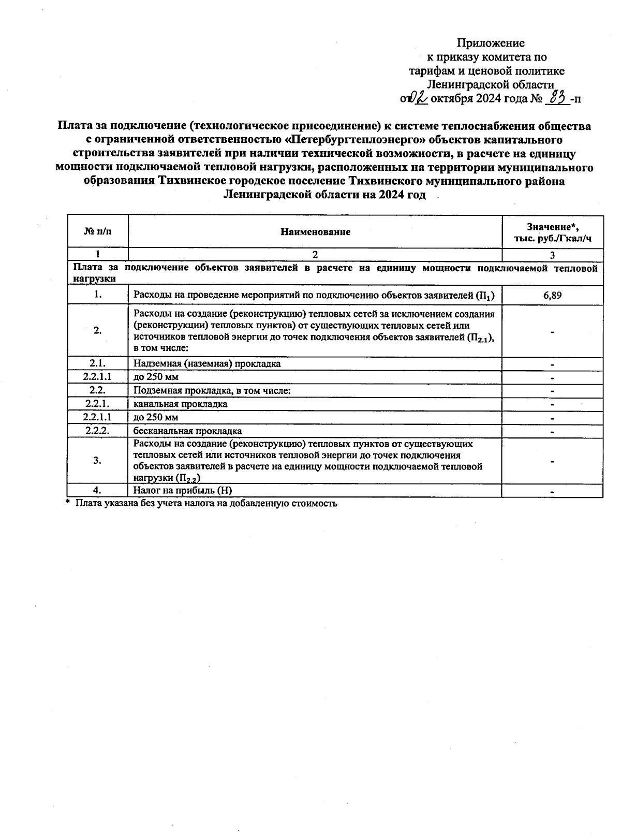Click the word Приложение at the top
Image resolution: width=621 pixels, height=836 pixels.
(x=491, y=43)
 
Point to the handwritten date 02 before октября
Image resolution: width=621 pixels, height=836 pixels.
(x=418, y=98)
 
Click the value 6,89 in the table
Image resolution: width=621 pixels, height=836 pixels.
(x=552, y=296)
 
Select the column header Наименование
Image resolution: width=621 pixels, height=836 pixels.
(x=315, y=232)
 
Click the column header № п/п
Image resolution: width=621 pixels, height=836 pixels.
(x=98, y=232)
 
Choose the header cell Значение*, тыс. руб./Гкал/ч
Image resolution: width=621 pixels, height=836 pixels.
(x=552, y=232)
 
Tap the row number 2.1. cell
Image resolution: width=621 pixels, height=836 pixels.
(x=98, y=363)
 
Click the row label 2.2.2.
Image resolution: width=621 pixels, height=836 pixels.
(x=98, y=431)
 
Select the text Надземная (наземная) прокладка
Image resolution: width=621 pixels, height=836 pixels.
(x=207, y=363)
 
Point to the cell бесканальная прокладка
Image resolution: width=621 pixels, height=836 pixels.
(x=187, y=431)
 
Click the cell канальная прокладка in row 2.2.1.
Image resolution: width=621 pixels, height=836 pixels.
(x=180, y=404)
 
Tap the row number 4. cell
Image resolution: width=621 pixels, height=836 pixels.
(x=98, y=490)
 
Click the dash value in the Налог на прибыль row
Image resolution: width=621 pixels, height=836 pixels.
(x=552, y=491)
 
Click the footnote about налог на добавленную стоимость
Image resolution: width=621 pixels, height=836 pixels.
(x=205, y=503)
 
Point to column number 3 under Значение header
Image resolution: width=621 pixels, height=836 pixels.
(x=552, y=255)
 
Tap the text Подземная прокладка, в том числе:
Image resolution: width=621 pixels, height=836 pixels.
(x=212, y=390)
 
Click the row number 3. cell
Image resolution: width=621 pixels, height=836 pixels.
(x=98, y=460)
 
